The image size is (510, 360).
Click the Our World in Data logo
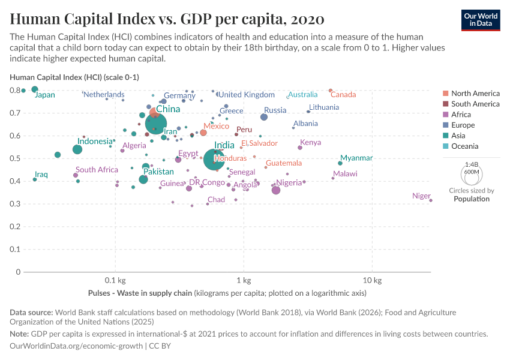(x=481, y=19)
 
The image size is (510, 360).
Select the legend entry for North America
(x=475, y=94)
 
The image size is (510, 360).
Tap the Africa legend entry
(x=461, y=115)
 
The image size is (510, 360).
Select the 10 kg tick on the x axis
(x=372, y=281)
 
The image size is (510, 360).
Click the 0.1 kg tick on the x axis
(x=115, y=281)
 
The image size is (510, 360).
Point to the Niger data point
(x=431, y=200)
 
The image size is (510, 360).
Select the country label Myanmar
(x=356, y=158)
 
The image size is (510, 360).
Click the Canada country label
(x=343, y=95)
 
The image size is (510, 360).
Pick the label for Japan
(x=45, y=95)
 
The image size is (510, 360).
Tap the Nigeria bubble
(x=276, y=190)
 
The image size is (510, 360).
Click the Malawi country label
(x=345, y=174)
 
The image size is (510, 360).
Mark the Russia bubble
(x=264, y=117)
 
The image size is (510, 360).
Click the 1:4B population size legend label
(x=472, y=164)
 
